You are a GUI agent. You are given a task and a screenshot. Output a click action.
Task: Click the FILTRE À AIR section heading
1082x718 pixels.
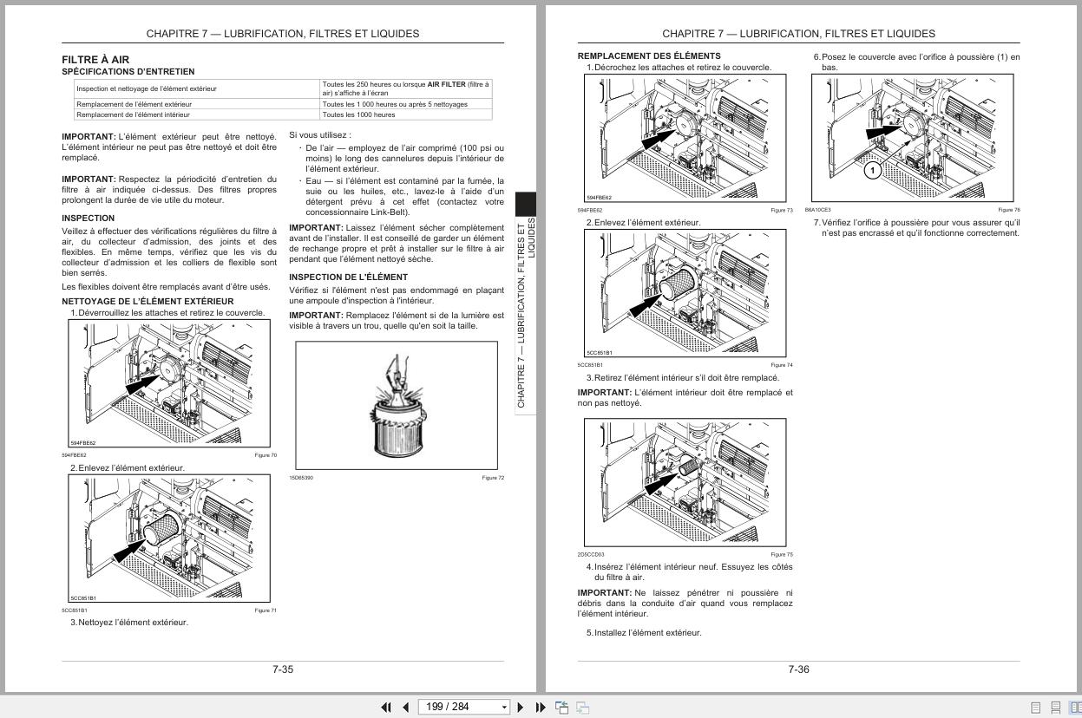pos(95,60)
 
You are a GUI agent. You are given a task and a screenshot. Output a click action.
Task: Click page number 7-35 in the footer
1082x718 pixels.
pos(283,669)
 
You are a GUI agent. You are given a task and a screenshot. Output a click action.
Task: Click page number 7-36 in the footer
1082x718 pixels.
pos(798,669)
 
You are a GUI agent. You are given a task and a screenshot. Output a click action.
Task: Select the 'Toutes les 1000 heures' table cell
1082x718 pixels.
pos(358,114)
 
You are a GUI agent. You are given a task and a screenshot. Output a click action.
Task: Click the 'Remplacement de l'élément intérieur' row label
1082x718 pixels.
pos(133,114)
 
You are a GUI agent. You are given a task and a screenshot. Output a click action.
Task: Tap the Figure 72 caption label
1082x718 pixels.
pos(493,478)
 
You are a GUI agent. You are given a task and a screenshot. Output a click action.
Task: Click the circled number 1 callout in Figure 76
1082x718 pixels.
pos(873,171)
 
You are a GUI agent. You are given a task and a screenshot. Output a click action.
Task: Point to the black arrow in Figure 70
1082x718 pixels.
pos(143,379)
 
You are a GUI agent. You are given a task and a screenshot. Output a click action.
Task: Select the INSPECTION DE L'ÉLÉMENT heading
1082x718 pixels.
pos(348,277)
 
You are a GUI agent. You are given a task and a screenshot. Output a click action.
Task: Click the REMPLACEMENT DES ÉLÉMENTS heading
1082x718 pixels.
pos(649,55)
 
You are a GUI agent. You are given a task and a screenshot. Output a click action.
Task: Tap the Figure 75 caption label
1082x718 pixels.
pos(782,554)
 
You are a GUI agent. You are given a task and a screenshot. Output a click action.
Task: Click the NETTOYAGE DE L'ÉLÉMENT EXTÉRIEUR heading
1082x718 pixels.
pos(148,302)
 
